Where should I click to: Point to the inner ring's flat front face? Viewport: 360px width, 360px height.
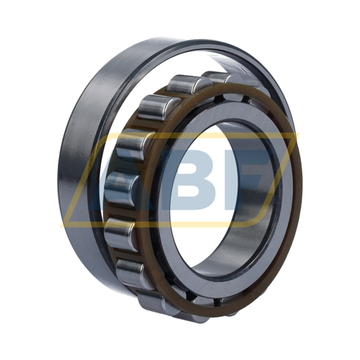[276, 240]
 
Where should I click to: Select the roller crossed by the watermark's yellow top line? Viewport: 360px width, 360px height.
[133, 144]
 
